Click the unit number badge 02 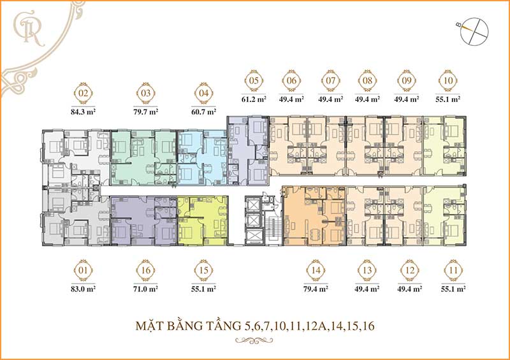[x=82, y=94]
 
